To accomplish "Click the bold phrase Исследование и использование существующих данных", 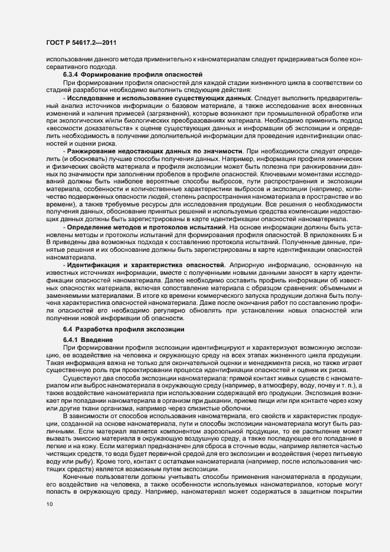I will coord(150,96).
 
